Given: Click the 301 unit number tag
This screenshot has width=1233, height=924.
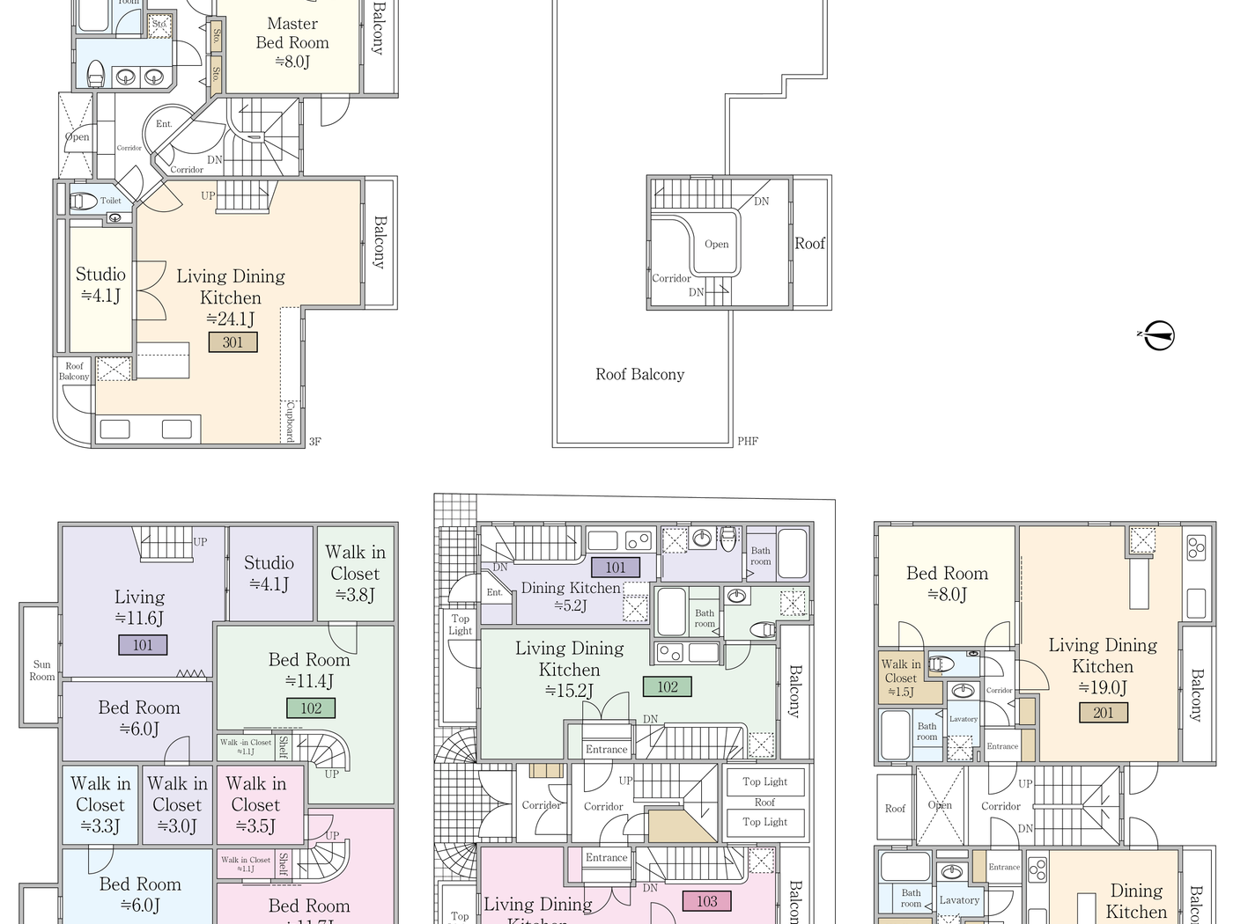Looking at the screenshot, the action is click(x=233, y=342).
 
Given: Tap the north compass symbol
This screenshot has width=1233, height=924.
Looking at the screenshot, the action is click(x=1159, y=335).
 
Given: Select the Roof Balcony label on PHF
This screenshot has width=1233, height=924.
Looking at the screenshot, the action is click(x=639, y=375).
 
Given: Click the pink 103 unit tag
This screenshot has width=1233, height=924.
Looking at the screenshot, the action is click(x=707, y=901).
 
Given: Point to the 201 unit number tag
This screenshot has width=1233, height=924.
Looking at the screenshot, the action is click(x=1103, y=713).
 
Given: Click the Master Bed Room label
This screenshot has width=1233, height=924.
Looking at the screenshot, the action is click(x=292, y=42).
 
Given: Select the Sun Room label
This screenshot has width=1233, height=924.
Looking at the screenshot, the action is click(x=41, y=671).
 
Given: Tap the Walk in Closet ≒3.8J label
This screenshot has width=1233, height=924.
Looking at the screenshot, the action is click(x=355, y=573).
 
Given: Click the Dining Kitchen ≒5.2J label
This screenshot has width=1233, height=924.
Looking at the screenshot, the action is click(x=570, y=596).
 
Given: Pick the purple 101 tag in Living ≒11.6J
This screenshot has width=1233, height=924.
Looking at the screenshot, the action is click(x=143, y=645).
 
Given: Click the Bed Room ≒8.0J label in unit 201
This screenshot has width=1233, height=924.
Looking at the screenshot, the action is click(x=947, y=583).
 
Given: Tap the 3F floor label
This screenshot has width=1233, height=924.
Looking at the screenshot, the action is click(x=315, y=442).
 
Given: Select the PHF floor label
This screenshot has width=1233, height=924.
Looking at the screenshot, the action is click(x=748, y=442).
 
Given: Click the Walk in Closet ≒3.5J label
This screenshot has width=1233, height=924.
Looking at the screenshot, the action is click(x=255, y=804).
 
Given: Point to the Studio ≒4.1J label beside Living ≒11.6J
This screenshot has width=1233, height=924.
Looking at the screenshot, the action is click(x=269, y=573).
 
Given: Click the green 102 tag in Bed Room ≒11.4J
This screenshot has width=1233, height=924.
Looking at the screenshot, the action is click(x=311, y=708).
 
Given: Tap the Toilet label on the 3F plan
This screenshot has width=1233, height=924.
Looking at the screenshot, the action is click(x=111, y=201).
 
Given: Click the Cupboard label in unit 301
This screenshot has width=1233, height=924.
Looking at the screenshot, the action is click(x=290, y=421).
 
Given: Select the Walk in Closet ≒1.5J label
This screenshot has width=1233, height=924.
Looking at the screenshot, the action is click(x=900, y=678).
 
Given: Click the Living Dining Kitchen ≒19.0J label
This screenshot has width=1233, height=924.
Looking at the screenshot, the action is click(x=1103, y=666).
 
